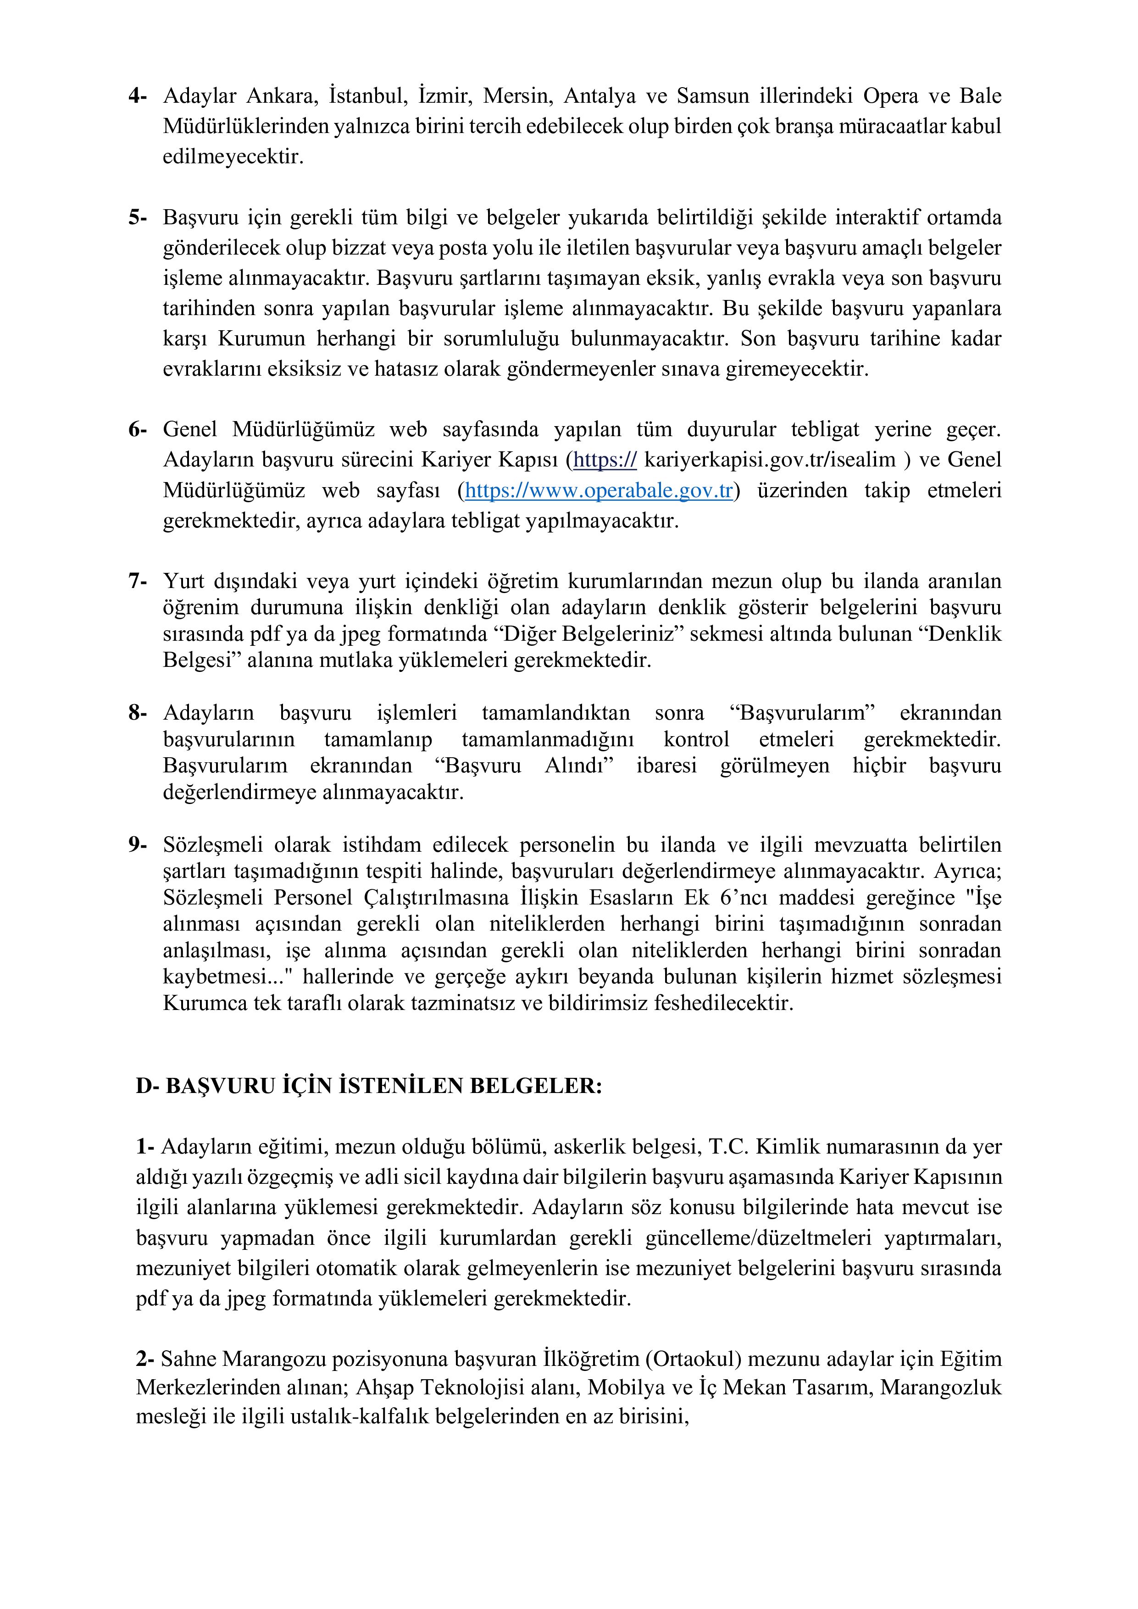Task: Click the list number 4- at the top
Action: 137,96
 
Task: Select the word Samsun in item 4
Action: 713,96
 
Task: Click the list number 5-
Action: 137,218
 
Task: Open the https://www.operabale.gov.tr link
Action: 599,491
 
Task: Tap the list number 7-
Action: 137,582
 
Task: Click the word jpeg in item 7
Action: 361,634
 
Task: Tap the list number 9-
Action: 137,845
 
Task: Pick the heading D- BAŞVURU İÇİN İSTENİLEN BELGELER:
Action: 369,1086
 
